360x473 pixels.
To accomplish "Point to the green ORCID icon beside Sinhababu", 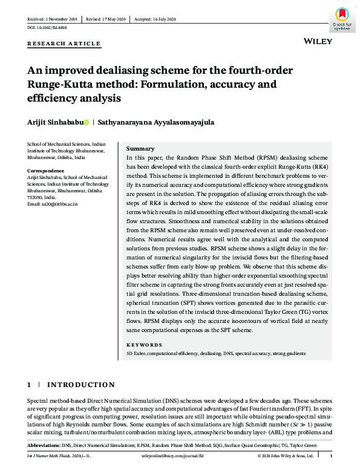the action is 86,122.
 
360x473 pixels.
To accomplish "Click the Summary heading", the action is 140,149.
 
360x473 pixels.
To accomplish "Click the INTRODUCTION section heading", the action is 81,385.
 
